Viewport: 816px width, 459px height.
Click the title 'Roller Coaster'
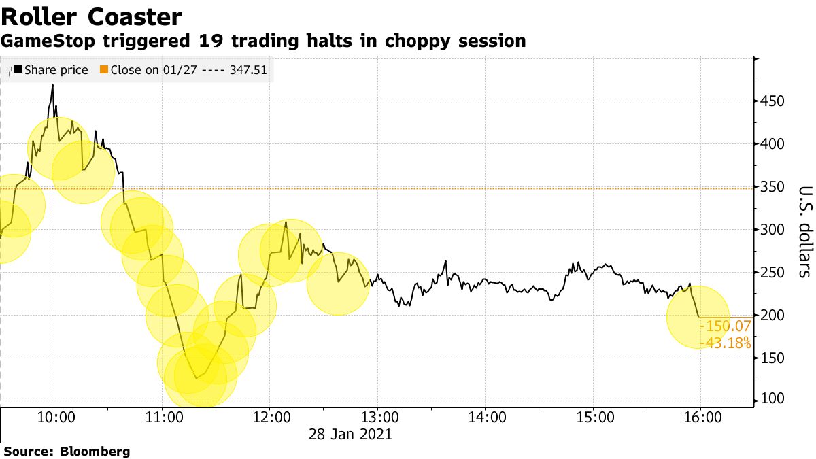91,16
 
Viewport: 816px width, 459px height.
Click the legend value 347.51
248,70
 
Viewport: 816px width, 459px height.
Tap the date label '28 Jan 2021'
352,433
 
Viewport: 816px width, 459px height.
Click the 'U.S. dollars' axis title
805,231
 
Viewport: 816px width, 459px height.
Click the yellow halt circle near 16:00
697,317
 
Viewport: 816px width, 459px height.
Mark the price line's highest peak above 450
53,86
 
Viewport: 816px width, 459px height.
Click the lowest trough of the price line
196,378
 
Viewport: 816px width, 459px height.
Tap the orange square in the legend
104,70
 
